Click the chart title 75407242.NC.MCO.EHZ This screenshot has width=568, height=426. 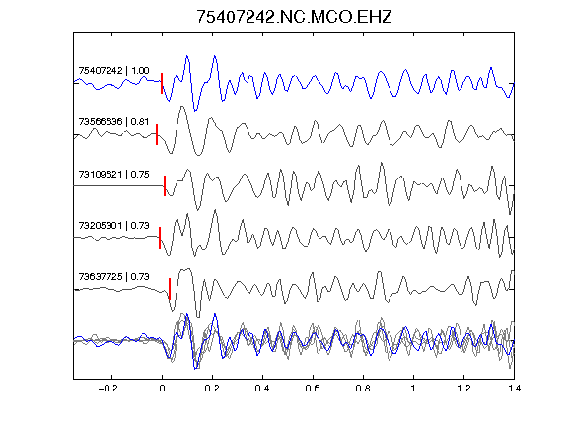[294, 17]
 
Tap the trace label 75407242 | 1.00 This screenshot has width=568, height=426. [113, 70]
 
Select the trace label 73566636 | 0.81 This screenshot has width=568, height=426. [113, 121]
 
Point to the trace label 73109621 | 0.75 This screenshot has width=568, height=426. [113, 175]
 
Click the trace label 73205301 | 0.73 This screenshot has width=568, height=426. [113, 226]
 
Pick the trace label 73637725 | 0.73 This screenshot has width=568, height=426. [113, 277]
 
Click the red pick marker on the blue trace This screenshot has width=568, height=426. [162, 83]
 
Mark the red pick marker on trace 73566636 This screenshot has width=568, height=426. [157, 135]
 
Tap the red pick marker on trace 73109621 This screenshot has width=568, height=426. [165, 185]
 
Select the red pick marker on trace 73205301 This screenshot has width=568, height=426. [160, 238]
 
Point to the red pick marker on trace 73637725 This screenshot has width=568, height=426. [170, 289]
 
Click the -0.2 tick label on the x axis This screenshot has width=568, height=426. [108, 389]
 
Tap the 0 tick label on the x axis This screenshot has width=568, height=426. [162, 389]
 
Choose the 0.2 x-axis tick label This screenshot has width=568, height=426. [212, 389]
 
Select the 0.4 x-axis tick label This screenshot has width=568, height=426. [262, 389]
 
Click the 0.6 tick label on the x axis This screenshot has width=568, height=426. [313, 389]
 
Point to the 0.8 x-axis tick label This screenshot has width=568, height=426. [363, 389]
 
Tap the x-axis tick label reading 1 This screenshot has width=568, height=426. [413, 389]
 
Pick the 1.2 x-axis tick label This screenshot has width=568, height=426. [463, 389]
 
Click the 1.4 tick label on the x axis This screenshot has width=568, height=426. [514, 389]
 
